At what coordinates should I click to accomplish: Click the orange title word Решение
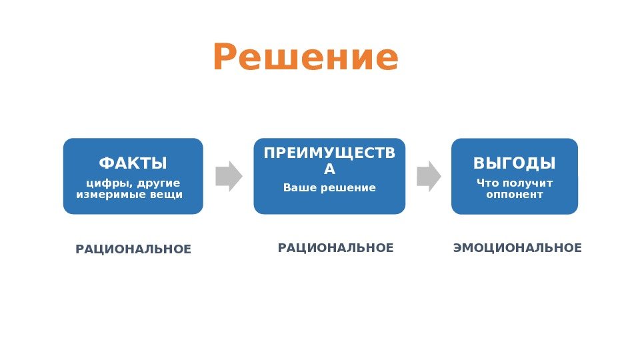tap(305, 58)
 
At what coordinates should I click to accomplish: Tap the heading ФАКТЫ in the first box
tap(133, 163)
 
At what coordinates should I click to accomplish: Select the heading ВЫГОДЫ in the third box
tap(514, 163)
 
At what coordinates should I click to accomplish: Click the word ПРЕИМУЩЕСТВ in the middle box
tap(329, 153)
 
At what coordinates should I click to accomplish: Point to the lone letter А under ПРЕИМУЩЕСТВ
tap(329, 170)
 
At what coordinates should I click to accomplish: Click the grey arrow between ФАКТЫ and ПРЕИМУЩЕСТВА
tap(229, 176)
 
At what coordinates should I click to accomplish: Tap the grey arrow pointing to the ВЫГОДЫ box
tap(429, 176)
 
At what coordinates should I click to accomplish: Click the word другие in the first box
tap(159, 183)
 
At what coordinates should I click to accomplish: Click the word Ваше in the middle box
tap(301, 187)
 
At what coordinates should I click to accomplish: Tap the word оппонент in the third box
tap(514, 195)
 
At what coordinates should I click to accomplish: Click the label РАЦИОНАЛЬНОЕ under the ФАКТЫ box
tap(133, 249)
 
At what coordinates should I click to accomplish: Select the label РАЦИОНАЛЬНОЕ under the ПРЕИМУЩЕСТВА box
tap(336, 248)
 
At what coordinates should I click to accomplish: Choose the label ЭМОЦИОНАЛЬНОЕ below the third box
tap(517, 248)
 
